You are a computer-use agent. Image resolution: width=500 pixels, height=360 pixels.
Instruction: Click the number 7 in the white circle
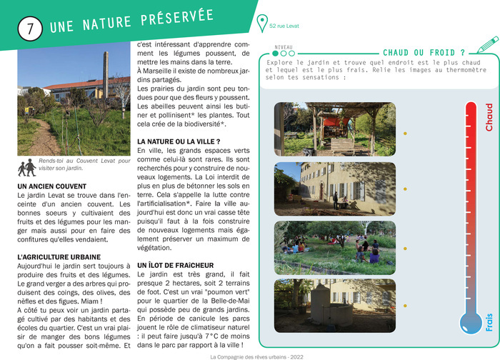(x=29, y=29)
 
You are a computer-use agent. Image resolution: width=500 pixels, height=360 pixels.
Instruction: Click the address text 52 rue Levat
(x=285, y=26)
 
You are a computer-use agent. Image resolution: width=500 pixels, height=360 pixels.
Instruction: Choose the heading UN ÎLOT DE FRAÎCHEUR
(x=175, y=265)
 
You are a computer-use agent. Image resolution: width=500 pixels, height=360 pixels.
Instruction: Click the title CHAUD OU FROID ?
(x=424, y=52)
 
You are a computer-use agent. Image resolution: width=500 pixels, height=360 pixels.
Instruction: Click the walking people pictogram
(x=28, y=167)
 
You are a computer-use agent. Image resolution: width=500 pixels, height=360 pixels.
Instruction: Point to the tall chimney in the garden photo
(x=105, y=73)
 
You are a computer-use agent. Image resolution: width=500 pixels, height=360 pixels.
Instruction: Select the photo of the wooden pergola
(x=334, y=129)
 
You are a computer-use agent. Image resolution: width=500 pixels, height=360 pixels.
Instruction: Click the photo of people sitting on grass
(x=334, y=247)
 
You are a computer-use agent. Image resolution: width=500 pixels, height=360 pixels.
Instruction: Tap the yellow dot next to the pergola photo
(x=405, y=134)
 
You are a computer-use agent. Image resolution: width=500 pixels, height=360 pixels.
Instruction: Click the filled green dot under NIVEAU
(x=276, y=53)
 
